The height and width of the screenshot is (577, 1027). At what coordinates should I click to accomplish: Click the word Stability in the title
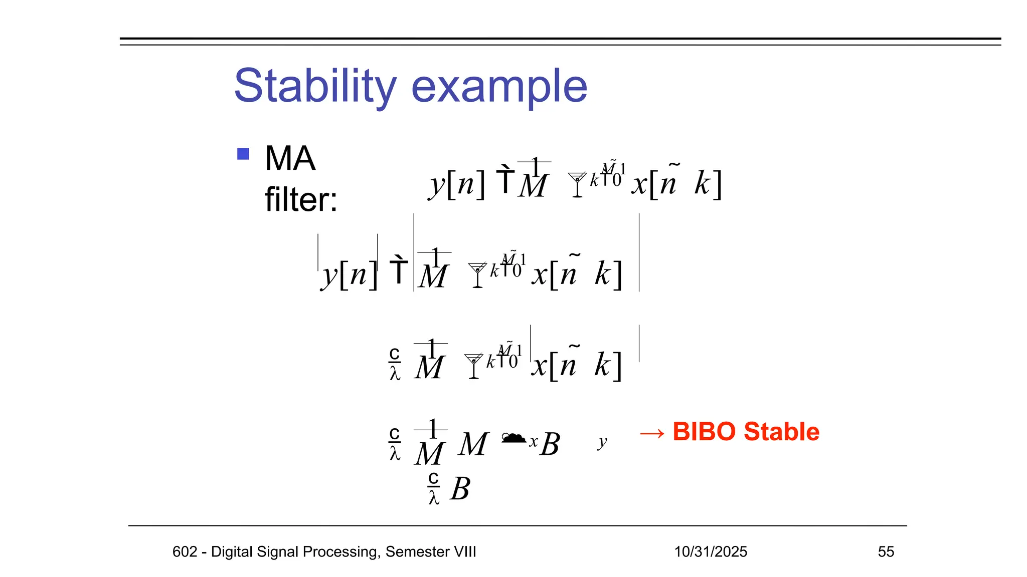pyautogui.click(x=315, y=86)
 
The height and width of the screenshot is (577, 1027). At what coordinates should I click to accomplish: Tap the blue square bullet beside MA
pyautogui.click(x=243, y=153)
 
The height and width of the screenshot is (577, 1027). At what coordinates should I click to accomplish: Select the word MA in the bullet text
pyautogui.click(x=290, y=159)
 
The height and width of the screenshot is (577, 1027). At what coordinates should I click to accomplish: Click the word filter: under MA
pyautogui.click(x=301, y=199)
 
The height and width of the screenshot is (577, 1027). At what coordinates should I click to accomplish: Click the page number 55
pyautogui.click(x=886, y=551)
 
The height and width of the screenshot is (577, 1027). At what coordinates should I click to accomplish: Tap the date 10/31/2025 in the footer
pyautogui.click(x=710, y=551)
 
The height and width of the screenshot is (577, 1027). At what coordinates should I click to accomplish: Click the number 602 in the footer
pyautogui.click(x=184, y=551)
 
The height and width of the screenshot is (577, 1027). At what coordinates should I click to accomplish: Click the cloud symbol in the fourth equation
pyautogui.click(x=513, y=438)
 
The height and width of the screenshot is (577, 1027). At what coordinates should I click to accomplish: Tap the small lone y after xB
pyautogui.click(x=602, y=442)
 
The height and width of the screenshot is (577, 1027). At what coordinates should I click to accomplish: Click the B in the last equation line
pyautogui.click(x=460, y=489)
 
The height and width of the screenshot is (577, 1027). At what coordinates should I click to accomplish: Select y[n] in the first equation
pyautogui.click(x=457, y=184)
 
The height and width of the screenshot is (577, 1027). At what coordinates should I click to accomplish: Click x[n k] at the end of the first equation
pyautogui.click(x=676, y=183)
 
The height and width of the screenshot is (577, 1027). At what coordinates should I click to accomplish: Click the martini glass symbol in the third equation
pyautogui.click(x=473, y=366)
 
